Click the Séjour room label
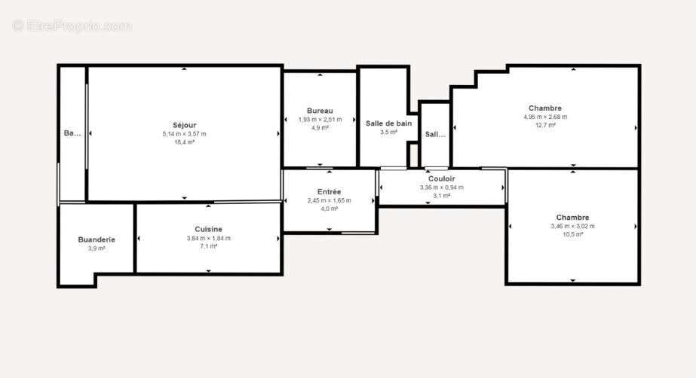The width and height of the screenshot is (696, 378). point(184,125)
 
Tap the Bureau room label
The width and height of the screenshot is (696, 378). point(320,111)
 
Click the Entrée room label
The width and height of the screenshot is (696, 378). point(329,192)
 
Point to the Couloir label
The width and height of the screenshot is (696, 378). point(441,179)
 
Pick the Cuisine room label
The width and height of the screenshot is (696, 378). point(208,229)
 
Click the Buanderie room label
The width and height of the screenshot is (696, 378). point(97,239)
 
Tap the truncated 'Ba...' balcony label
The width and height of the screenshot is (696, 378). point(72,133)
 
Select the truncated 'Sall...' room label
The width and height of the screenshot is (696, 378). point(435,135)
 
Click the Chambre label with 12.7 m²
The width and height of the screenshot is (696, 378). point(544,108)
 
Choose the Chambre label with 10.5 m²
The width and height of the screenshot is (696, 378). point(572,218)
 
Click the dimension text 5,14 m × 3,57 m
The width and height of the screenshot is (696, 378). point(184,134)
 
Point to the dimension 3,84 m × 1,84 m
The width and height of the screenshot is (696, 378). point(208,238)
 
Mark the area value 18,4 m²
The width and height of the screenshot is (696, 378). point(184,142)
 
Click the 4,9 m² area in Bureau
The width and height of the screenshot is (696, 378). point(320,128)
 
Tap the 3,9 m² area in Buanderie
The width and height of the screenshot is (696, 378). point(97,248)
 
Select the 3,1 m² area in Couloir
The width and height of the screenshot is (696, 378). point(441,196)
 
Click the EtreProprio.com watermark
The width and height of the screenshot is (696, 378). point(72,26)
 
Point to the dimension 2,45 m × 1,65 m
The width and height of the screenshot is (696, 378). point(329,200)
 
